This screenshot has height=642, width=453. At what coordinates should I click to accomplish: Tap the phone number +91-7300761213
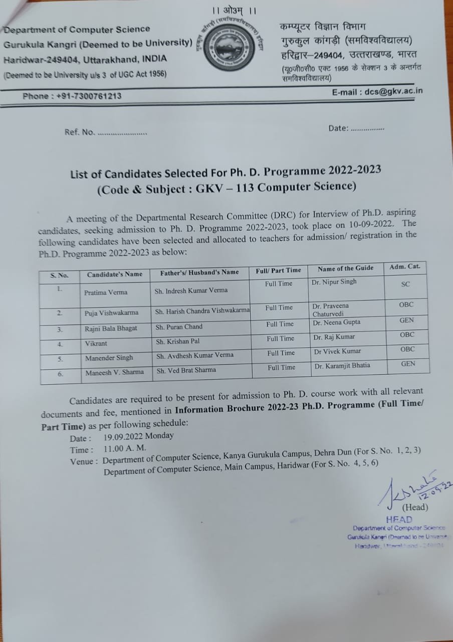tap(86, 96)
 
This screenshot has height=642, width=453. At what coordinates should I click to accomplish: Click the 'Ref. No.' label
tap(79, 132)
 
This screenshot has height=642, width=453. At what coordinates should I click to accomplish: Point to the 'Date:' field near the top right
tap(339, 128)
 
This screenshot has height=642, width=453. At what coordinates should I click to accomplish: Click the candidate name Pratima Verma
tap(106, 292)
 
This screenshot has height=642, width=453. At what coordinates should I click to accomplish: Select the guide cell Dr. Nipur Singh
tap(334, 282)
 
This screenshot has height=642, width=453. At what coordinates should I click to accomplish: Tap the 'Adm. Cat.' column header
tap(404, 266)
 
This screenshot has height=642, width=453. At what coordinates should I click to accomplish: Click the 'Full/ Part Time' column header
tap(278, 270)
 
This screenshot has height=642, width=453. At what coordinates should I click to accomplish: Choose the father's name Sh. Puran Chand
tap(179, 327)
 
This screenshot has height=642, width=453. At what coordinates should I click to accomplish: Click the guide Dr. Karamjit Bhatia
tap(342, 366)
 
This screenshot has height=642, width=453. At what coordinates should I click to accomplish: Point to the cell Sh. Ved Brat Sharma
tap(186, 370)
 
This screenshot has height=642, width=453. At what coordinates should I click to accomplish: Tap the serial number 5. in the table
tap(60, 359)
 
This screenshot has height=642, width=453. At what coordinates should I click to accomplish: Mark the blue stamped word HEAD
tap(399, 520)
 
